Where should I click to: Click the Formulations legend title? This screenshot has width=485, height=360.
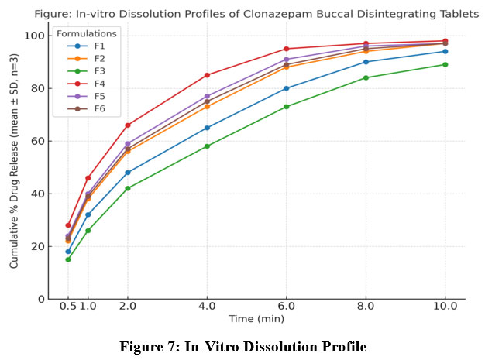pos(87,33)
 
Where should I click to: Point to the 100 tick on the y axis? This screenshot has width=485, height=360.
pos(34,36)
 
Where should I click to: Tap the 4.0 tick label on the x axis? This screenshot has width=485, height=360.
pos(207,307)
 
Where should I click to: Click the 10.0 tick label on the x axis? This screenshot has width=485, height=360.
pos(445,307)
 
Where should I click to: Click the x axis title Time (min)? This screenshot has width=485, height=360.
pos(256,319)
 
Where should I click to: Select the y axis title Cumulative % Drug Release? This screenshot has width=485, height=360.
pos(15,167)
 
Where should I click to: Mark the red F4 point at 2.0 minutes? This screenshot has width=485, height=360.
pos(128,125)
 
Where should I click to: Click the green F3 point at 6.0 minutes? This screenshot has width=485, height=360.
pos(287,107)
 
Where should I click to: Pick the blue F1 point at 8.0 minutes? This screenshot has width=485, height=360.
pos(366,62)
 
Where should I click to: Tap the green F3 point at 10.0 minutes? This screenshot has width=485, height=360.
pos(445,64)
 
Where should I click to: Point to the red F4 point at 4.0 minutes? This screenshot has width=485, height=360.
pos(207,75)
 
